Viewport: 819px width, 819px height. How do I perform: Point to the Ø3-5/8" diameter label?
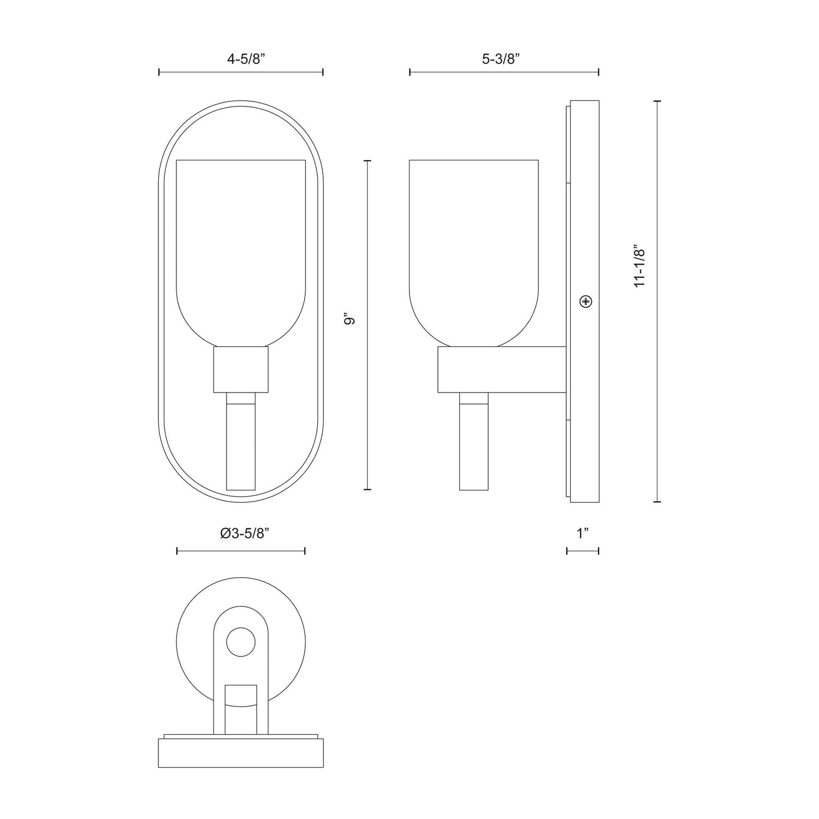[241, 535]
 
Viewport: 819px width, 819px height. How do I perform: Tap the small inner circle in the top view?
[241, 642]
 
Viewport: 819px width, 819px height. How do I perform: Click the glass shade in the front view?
[241, 246]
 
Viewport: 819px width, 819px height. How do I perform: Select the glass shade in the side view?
[474, 246]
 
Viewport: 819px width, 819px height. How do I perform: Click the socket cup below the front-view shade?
[241, 370]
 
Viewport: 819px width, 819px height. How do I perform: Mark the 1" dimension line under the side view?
[583, 551]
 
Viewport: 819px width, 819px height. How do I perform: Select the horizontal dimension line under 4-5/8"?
[241, 72]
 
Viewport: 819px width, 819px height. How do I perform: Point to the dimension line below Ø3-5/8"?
[241, 551]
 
